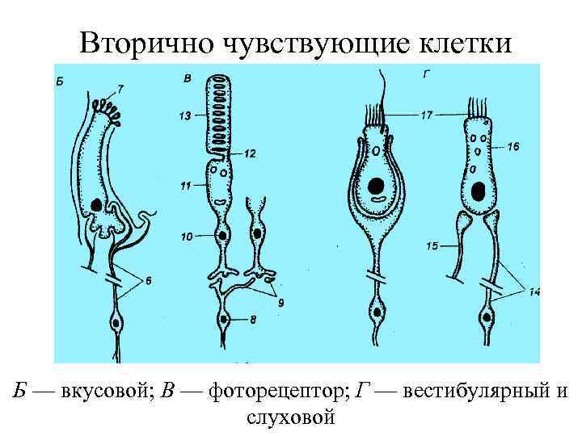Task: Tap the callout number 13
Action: click(x=185, y=116)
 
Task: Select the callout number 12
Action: click(x=251, y=153)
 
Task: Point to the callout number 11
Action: click(x=185, y=187)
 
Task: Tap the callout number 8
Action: click(x=254, y=319)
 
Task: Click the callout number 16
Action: click(x=515, y=147)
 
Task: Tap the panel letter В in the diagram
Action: click(x=188, y=78)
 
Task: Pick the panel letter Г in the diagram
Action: click(x=426, y=74)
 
